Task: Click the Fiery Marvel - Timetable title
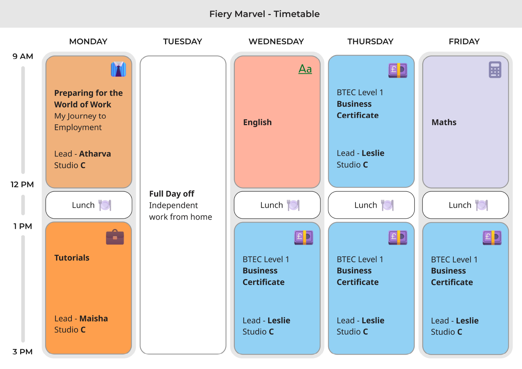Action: tap(264, 14)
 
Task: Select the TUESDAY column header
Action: tap(183, 42)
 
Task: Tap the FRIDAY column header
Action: tap(464, 42)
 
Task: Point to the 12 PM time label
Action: tap(22, 184)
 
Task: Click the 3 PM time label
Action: tap(23, 352)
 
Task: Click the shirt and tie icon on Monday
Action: tap(118, 69)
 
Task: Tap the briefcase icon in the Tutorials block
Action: tap(115, 237)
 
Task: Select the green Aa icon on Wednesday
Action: tap(305, 69)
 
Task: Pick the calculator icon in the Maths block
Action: tap(495, 70)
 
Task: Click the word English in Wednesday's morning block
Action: tap(257, 122)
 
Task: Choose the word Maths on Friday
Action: tap(444, 122)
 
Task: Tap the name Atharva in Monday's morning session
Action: tap(95, 154)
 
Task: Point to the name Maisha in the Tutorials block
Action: tap(94, 318)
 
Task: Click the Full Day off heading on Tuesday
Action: tap(172, 194)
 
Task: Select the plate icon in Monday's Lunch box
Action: tap(105, 205)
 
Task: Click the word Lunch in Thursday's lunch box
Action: tap(365, 205)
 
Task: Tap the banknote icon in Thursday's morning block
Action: tap(398, 70)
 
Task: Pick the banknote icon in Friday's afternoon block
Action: tap(492, 237)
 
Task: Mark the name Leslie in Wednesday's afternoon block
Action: tap(279, 320)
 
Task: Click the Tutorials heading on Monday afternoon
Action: tap(72, 258)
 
